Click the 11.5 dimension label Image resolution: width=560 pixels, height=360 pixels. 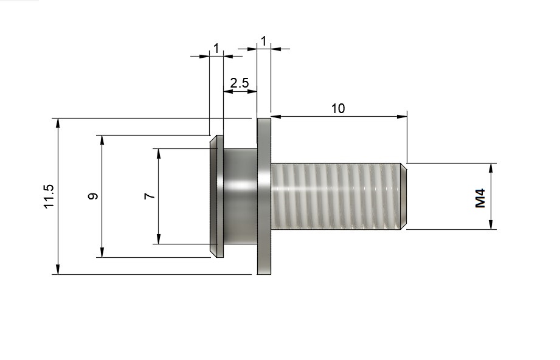49,196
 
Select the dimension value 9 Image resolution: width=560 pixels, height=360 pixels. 92,196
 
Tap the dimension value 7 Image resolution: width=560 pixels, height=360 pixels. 150,196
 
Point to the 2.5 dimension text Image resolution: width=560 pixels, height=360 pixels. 240,83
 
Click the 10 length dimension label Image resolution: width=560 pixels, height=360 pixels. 338,108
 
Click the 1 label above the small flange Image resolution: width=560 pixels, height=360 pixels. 216,48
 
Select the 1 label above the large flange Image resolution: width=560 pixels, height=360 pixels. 263,40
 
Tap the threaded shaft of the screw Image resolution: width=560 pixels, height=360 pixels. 334,196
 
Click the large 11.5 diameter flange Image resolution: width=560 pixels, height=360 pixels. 264,196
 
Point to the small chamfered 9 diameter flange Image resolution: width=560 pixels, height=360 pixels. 216,196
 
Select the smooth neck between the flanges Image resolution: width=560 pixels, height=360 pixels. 240,196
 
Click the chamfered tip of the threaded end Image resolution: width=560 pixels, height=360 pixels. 404,196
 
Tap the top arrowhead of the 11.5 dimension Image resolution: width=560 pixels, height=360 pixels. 58,123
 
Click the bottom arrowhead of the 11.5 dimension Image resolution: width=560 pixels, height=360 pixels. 58,269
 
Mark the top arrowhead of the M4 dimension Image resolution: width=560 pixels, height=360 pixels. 491,168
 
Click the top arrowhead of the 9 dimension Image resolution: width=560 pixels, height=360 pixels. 102,140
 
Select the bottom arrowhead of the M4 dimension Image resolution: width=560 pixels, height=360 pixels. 491,224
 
